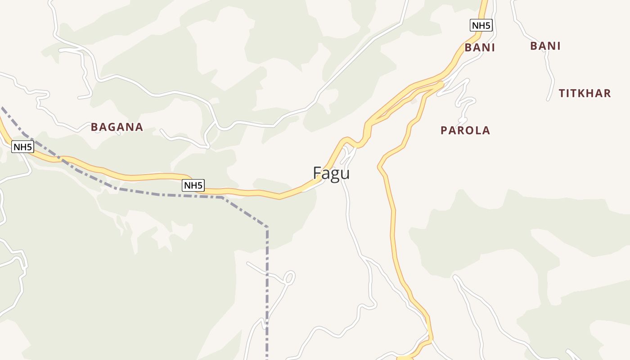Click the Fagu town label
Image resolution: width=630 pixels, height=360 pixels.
pos(331,173)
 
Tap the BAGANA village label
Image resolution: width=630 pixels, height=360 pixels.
pos(117,127)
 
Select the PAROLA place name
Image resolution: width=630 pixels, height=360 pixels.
pos(465,130)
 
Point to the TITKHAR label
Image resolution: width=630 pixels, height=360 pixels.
pos(585,94)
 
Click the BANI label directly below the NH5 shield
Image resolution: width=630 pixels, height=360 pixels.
pos(480,48)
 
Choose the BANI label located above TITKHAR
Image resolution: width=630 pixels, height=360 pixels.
pos(545,46)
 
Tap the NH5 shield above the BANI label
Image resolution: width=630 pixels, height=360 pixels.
pos(481,25)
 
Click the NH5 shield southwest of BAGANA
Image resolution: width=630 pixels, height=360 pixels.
pos(23,147)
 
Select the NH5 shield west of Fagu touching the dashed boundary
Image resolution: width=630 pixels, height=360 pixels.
pos(193,185)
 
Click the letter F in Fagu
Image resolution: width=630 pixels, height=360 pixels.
pos(317,173)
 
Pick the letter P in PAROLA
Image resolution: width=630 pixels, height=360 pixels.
pos(444,130)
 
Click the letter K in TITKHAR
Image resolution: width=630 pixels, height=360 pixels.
pos(582,94)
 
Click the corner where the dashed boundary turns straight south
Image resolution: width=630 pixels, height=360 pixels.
pos(267,227)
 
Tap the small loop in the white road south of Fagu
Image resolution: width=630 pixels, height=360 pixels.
pos(289,277)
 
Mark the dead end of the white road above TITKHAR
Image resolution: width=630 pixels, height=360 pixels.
pos(549,99)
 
